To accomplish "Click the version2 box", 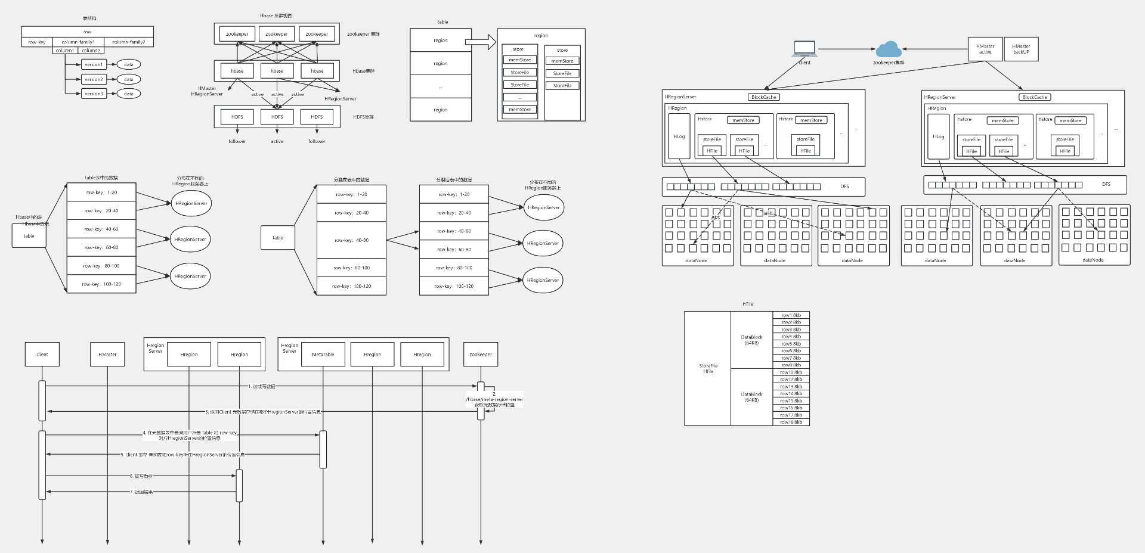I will tap(94, 79).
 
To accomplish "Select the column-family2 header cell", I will tap(129, 42).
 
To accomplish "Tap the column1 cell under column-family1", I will tap(65, 51).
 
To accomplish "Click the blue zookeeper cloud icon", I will tap(889, 49).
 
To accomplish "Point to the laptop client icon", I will tap(804, 49).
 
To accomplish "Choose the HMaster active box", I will tap(985, 49).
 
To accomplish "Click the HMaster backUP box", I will tap(1021, 49).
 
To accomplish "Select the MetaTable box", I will tap(323, 355).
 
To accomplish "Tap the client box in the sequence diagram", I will tap(42, 355).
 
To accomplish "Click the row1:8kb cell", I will tap(791, 315).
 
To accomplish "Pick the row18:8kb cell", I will tap(791, 422).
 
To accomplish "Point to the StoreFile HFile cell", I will tap(708, 368).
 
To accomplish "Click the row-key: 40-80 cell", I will tap(351, 240).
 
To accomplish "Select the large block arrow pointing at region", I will tap(481, 42).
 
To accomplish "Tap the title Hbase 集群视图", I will tap(276, 16).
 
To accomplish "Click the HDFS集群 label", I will tap(363, 117).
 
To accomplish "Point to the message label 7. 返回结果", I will tap(141, 492).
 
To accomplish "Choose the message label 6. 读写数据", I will tap(141, 476).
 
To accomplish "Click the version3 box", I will tap(94, 94).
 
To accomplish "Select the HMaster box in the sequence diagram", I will tap(107, 355).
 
